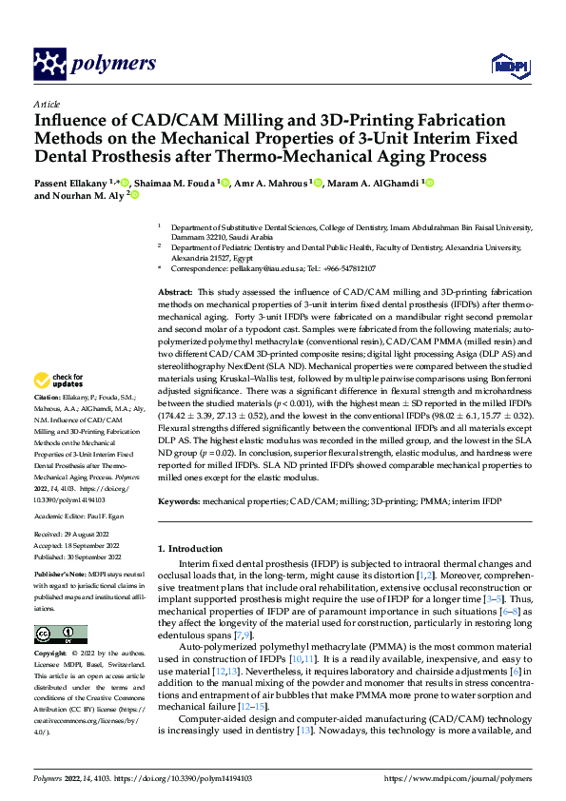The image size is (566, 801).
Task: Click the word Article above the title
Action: (x=47, y=104)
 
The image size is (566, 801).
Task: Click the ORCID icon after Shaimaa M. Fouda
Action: (x=224, y=182)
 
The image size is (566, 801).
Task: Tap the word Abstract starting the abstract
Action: (x=175, y=291)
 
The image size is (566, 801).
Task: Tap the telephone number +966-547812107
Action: (x=347, y=269)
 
